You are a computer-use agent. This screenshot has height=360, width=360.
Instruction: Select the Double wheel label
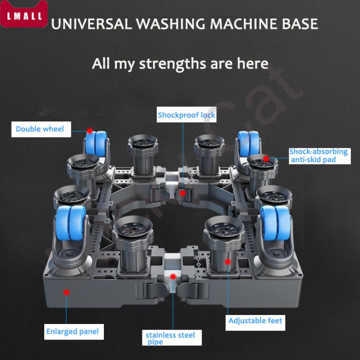click(x=40, y=129)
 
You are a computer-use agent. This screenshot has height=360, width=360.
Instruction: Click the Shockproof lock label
click(x=186, y=115)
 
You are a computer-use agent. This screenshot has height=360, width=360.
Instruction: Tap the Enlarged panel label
click(x=72, y=331)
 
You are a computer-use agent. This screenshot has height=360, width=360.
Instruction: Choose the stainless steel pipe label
click(x=170, y=338)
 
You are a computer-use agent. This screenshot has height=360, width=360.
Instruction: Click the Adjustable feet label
click(x=255, y=320)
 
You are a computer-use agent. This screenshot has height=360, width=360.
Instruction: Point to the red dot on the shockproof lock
click(x=183, y=192)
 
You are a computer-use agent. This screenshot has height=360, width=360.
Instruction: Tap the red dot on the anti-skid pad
click(x=266, y=159)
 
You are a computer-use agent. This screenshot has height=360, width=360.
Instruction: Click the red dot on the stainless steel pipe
click(x=173, y=275)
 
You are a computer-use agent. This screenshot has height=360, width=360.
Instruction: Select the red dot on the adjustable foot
click(x=227, y=261)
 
